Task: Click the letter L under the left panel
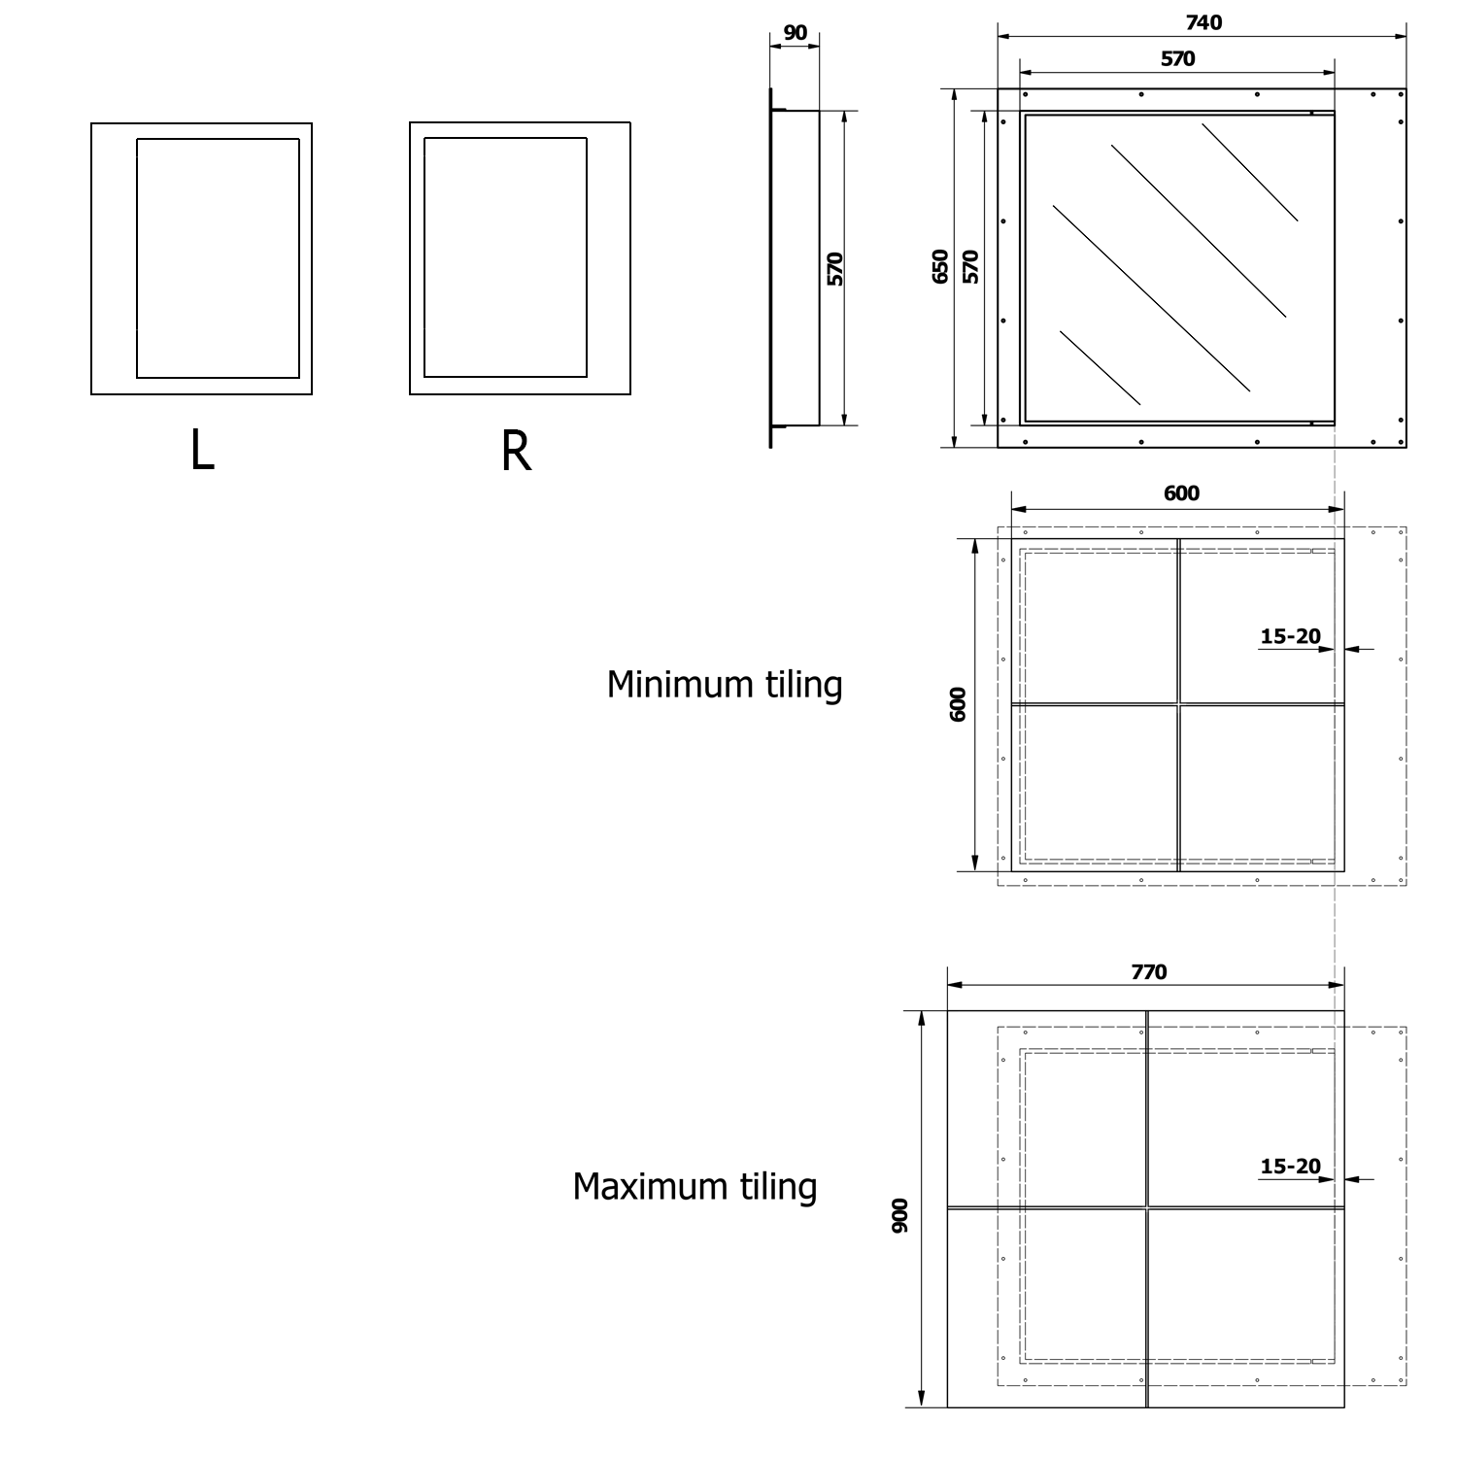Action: tap(202, 451)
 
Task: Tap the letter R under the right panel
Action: tap(516, 451)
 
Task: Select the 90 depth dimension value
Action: tap(795, 33)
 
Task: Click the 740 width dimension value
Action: tap(1203, 22)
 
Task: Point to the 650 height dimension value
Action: tap(940, 266)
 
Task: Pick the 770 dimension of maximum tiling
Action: tap(1148, 972)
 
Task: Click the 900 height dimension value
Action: tap(900, 1216)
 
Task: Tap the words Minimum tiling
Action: tap(724, 685)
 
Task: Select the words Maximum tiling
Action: tap(695, 1187)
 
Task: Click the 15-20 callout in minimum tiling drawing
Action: tap(1290, 637)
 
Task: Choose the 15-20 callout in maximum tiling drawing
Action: tap(1290, 1167)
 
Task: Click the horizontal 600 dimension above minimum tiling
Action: tap(1181, 493)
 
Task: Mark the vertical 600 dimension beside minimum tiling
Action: tap(959, 704)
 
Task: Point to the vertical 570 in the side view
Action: tap(835, 268)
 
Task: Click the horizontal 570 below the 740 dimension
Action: tap(1177, 59)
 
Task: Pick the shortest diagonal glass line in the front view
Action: tap(1100, 368)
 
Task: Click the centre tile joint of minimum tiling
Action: tap(1178, 704)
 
